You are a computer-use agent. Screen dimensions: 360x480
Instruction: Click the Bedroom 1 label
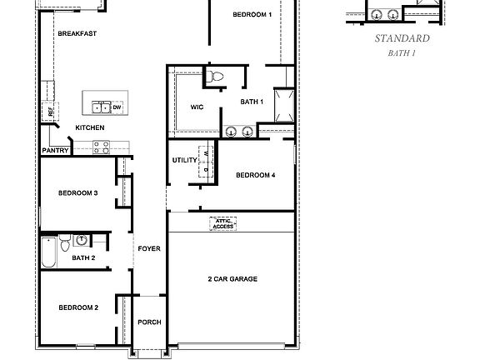tap(252, 15)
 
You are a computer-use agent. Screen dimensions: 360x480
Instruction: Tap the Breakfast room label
tap(77, 33)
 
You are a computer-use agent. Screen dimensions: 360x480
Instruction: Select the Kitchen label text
tap(89, 127)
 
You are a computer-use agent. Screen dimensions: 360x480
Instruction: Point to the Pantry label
tap(55, 151)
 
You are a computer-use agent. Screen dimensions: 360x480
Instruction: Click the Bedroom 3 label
tap(78, 192)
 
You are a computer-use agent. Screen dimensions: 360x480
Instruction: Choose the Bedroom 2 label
tap(78, 307)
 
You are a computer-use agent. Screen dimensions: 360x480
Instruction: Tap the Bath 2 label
tap(83, 258)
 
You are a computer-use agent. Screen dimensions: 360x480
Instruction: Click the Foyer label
tap(149, 249)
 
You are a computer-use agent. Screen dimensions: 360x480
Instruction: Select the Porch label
tap(149, 322)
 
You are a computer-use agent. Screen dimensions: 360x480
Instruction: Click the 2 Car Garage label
tap(232, 278)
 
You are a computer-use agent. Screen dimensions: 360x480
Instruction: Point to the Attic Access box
tap(223, 223)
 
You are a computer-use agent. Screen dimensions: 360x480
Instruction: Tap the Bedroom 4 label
tap(255, 175)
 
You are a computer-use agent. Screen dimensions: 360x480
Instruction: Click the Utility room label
tap(183, 159)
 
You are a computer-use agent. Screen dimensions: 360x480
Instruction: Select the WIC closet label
tap(197, 107)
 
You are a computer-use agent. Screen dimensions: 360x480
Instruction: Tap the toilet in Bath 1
tap(217, 77)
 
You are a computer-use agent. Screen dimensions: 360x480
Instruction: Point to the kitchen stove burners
tap(102, 147)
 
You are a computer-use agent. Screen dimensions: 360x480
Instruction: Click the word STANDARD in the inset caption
tap(402, 38)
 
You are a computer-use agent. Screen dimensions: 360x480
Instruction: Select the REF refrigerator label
tap(50, 111)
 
